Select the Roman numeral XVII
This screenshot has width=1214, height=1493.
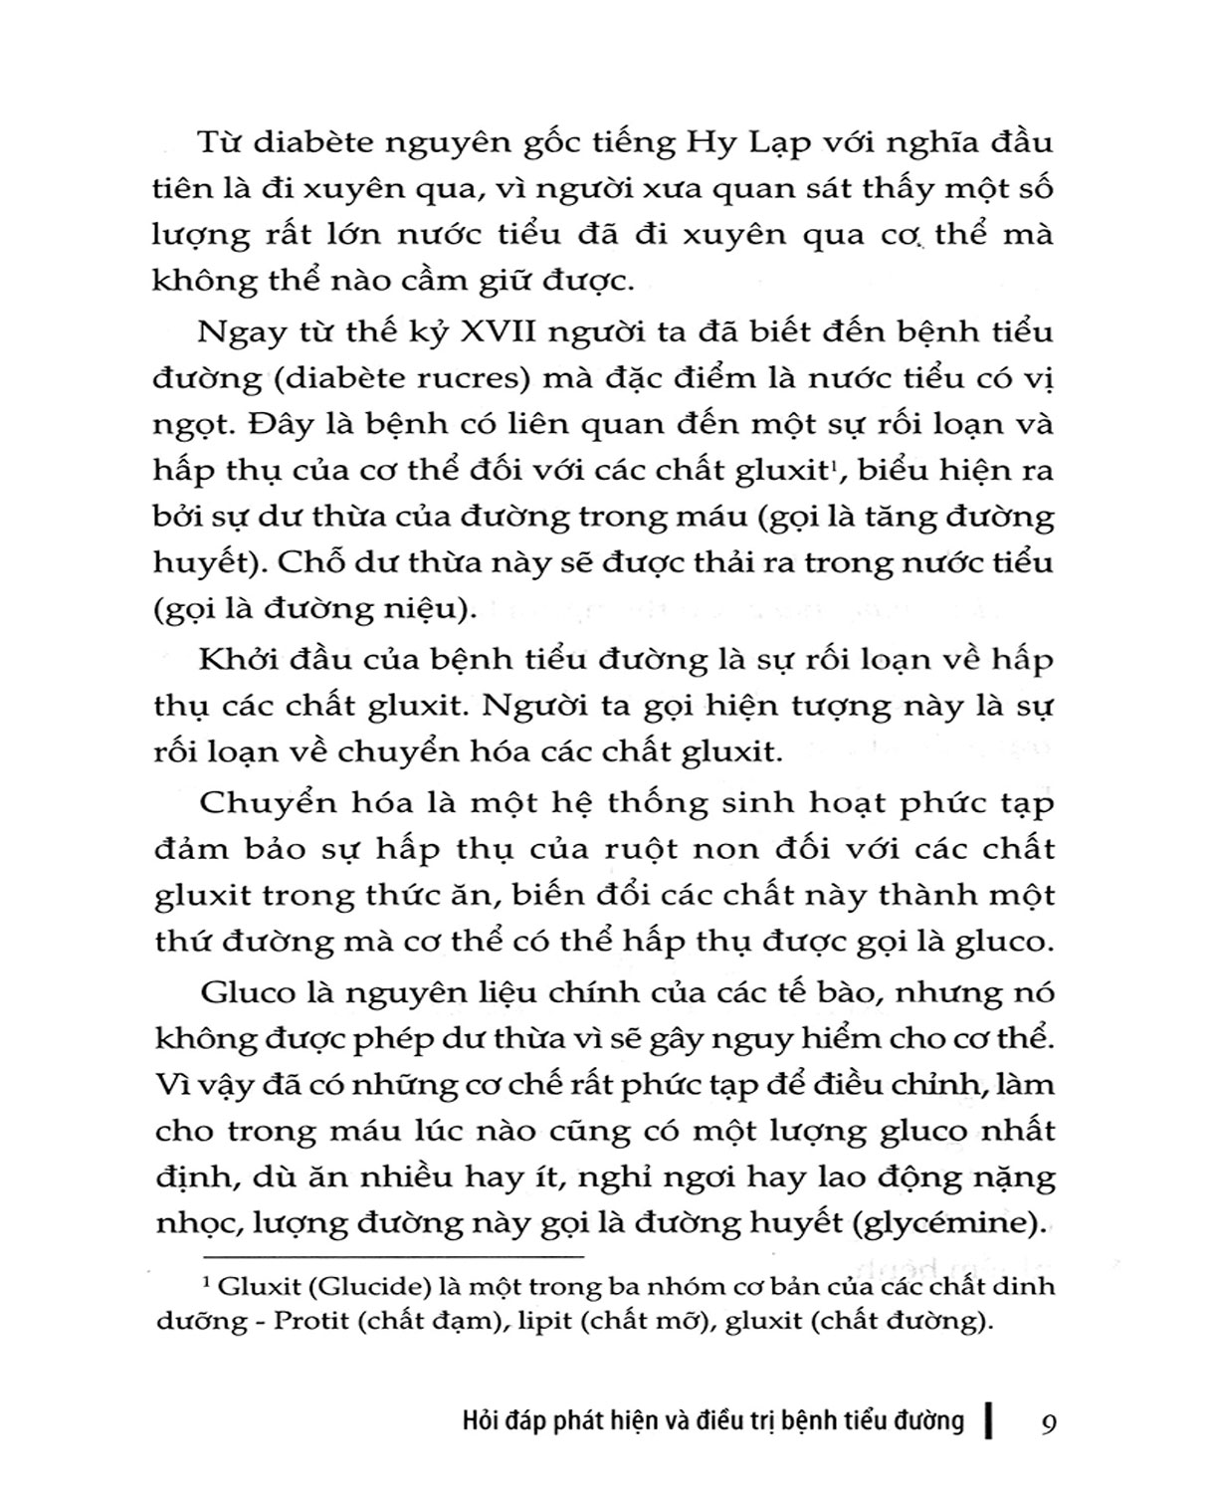coord(506,330)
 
